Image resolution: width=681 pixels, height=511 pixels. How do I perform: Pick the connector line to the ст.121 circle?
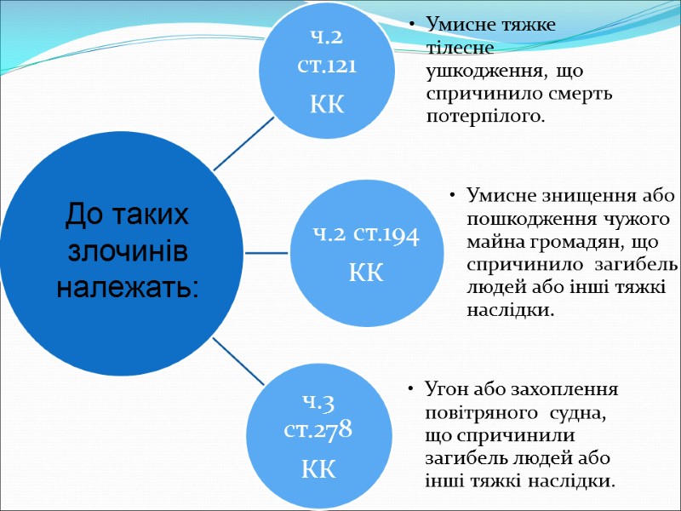(243, 144)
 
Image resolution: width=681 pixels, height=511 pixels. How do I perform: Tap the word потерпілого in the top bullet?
(483, 115)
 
